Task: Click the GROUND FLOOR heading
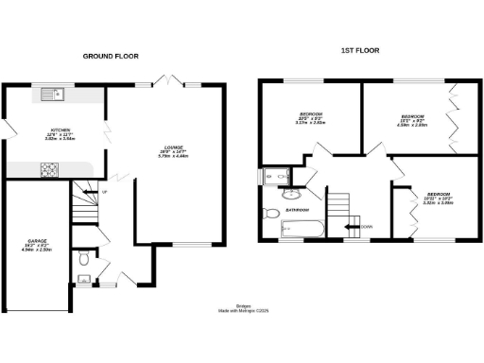[x=112, y=56]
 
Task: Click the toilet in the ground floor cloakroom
[x=84, y=257]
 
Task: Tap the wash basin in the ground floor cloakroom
[x=82, y=279]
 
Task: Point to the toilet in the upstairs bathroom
[x=270, y=210]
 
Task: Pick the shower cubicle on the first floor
[x=277, y=175]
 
